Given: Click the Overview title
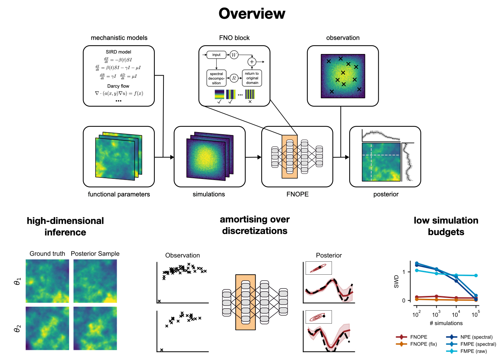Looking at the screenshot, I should (252, 14).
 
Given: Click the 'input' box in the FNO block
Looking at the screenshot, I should (216, 55).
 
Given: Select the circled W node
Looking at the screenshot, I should (234, 55).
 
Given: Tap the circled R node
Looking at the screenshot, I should (234, 78).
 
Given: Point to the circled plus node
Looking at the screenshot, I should (252, 62).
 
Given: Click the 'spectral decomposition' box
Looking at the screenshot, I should (216, 78).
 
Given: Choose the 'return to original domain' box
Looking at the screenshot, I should (252, 78).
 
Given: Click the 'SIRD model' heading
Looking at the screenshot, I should (118, 52).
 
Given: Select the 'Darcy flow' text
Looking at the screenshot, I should (118, 86).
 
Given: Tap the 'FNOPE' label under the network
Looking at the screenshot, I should (297, 194).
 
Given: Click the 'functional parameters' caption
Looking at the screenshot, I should (119, 194).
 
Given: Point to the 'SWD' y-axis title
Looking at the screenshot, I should (396, 282).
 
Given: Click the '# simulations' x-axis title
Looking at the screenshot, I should (446, 323).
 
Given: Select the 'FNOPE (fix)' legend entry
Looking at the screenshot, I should (423, 344).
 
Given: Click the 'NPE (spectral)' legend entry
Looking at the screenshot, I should (476, 337).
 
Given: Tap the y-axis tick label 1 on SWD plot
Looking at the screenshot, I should (404, 272).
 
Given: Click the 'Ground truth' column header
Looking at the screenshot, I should (47, 254).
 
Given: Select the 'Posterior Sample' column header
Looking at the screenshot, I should (95, 254).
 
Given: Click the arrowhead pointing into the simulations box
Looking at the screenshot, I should (172, 157).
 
